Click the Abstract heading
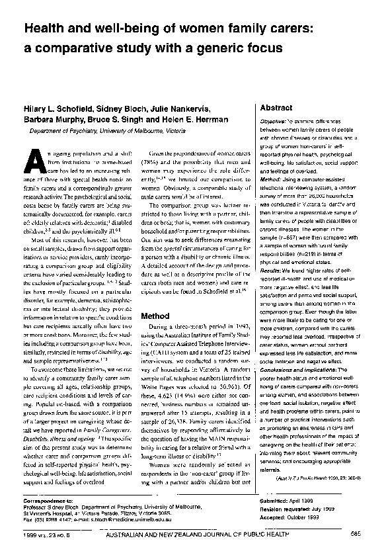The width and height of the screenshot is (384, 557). pyautogui.click(x=276, y=107)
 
